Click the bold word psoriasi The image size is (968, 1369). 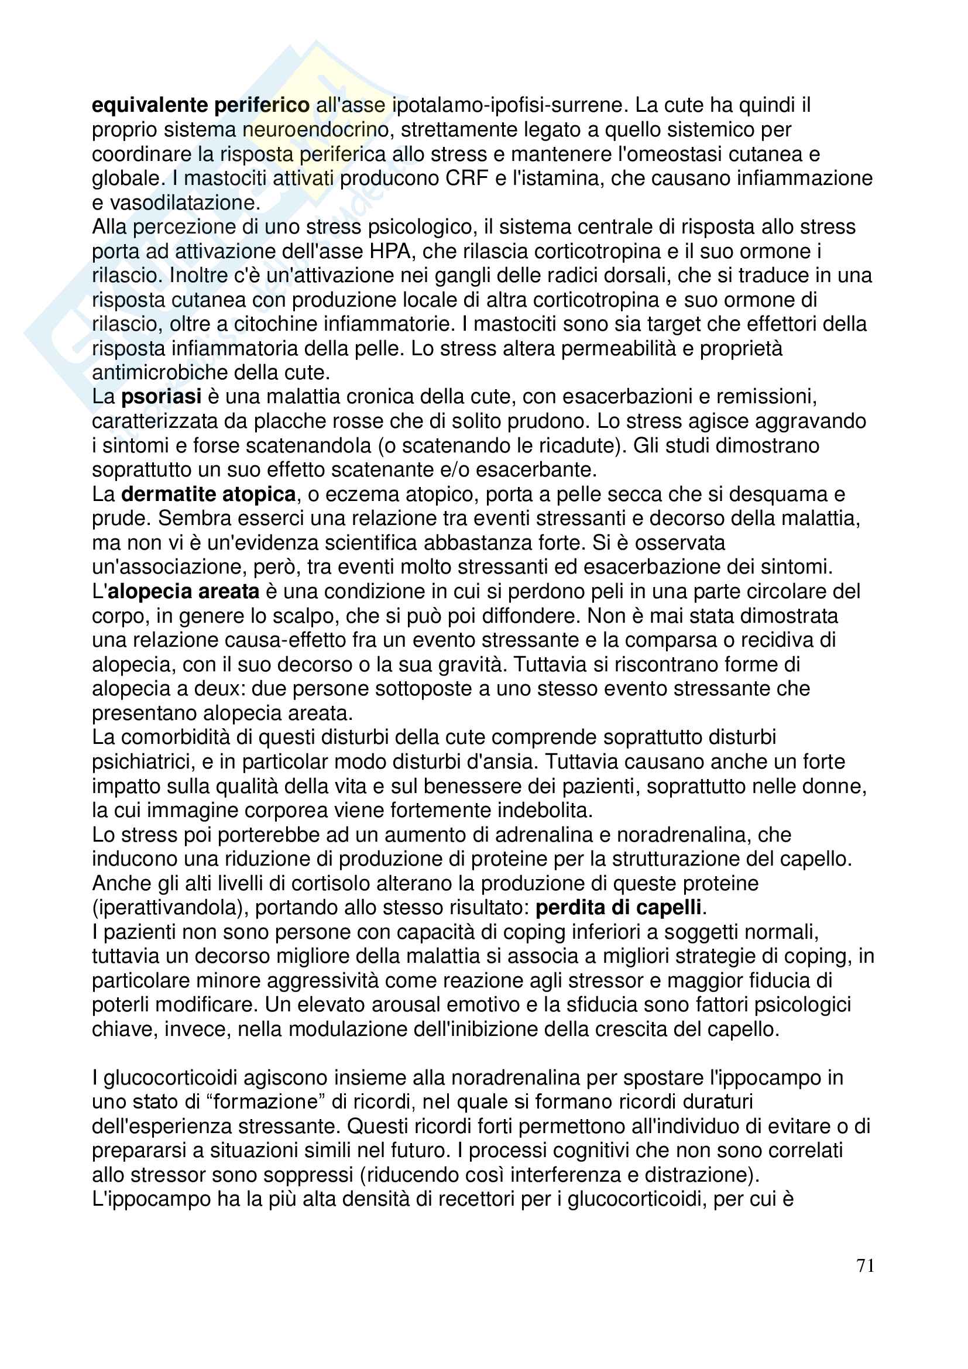pos(161,396)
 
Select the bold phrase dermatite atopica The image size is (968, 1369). pos(208,495)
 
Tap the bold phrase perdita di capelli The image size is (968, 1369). pos(618,908)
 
